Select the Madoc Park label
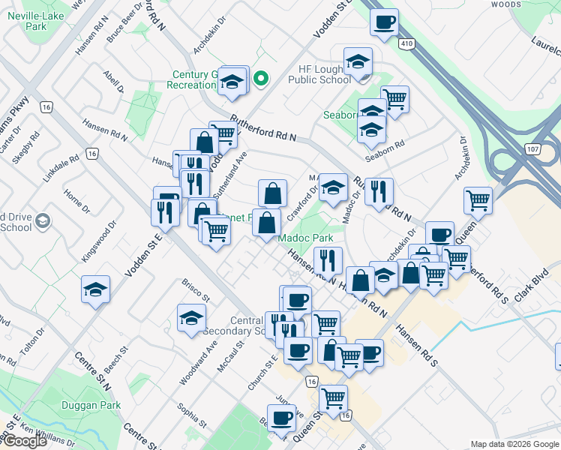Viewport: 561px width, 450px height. click(x=305, y=238)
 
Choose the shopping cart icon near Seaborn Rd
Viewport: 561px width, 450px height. click(x=394, y=98)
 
